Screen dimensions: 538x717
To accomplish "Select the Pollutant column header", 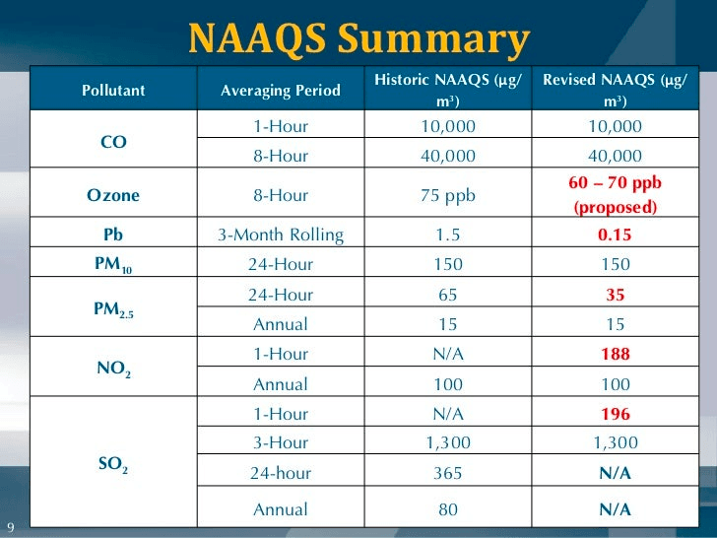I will tap(113, 90).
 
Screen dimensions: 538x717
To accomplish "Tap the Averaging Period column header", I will tap(281, 90).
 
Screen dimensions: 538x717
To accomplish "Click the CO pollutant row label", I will tap(113, 141).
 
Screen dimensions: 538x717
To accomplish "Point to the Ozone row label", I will tap(113, 195).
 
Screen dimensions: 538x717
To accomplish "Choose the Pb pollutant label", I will tap(113, 235).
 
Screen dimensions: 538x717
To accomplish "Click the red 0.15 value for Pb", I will tap(616, 235).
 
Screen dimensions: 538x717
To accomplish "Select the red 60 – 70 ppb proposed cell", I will tap(616, 195).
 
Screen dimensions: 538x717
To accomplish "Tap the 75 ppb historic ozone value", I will tap(448, 195).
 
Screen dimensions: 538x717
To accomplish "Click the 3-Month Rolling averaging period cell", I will tap(281, 235).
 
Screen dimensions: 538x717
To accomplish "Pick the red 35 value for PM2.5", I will tap(616, 295).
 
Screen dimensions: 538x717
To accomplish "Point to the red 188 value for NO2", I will tap(616, 354).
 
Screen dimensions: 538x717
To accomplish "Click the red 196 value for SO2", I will tap(616, 413).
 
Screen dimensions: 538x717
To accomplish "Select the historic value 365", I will tap(448, 473).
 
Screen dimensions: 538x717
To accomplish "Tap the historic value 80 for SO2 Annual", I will tap(448, 509).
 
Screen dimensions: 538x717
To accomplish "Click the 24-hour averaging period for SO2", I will tap(281, 473).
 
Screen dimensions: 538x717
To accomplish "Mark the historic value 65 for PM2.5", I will tap(448, 295).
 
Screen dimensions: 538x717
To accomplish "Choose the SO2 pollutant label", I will tap(113, 462).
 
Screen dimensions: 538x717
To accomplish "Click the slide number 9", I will tap(10, 525).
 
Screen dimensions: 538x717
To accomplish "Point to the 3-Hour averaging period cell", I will tap(281, 442).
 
